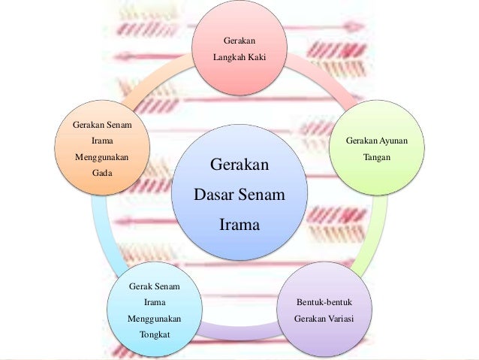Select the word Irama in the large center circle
[x=239, y=224]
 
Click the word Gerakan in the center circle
[x=239, y=165]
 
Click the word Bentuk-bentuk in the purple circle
[x=324, y=303]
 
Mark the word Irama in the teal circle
[x=154, y=302]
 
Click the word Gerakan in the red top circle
[x=239, y=40]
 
